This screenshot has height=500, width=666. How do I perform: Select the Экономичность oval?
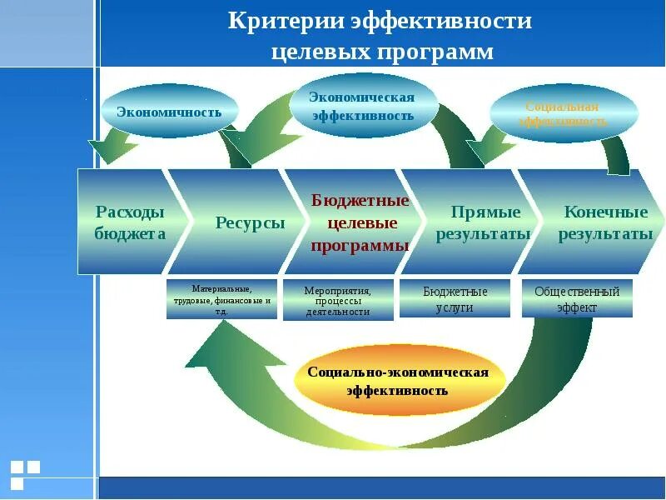coord(169,112)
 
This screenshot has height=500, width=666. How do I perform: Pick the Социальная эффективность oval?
coord(563,114)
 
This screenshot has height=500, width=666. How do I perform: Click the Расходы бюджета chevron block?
coord(129,222)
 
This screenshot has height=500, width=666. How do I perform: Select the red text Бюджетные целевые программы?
coord(360,223)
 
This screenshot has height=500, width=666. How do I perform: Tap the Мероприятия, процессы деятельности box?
coord(337,300)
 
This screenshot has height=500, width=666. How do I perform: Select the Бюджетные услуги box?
coord(455,299)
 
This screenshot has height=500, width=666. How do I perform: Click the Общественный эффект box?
coord(577,299)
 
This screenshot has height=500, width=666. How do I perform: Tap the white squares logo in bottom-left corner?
coord(25,473)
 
